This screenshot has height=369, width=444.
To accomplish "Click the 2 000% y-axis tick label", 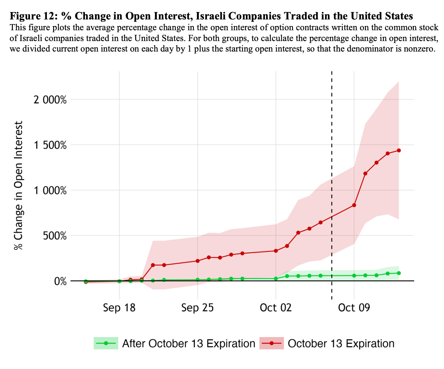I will (52, 100).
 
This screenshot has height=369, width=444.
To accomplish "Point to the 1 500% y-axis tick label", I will (52, 145).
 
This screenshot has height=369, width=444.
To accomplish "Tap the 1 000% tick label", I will (52, 191).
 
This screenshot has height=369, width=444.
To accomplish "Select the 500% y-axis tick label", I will (59, 236).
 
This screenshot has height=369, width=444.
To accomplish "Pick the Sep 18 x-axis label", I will (119, 308).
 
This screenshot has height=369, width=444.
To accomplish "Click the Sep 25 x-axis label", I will (198, 308).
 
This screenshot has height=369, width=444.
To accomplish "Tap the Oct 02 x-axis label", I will (276, 308).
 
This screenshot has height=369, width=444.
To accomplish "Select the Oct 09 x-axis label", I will (354, 308).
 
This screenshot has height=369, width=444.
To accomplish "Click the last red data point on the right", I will (399, 151).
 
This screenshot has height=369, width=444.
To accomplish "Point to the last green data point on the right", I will (399, 273).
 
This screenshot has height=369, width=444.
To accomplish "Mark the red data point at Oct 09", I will (354, 205).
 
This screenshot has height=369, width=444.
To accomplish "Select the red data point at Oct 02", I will (276, 251).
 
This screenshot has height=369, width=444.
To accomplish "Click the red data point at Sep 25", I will (198, 261).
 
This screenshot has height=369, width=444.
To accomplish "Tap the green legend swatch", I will (106, 343).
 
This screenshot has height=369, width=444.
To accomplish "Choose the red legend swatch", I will (271, 343).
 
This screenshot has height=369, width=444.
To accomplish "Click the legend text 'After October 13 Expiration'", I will (188, 343).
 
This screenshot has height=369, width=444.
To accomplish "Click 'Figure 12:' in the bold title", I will (33, 16).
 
